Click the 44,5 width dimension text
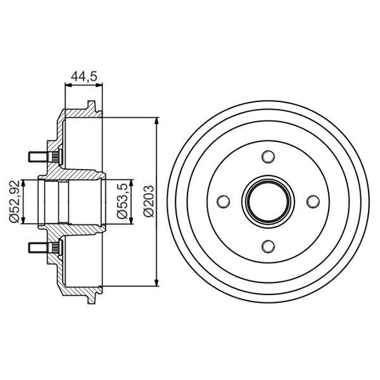pos(83,75)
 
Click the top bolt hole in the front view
pos(267,157)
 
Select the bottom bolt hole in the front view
pos(267,246)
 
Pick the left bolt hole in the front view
pos(222,202)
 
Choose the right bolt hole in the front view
pos(312,202)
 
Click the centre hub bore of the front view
pos(267,202)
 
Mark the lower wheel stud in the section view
pos(41,247)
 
